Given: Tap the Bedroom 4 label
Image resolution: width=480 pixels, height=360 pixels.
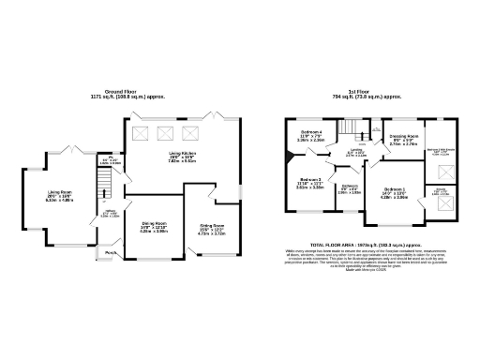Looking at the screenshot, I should coord(310,134).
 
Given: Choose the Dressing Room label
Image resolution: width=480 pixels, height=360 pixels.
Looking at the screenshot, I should coord(402,136).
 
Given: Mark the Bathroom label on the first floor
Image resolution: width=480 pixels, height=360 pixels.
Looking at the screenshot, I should coord(349,187).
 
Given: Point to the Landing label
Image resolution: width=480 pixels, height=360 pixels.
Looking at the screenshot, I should coord(356,151).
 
